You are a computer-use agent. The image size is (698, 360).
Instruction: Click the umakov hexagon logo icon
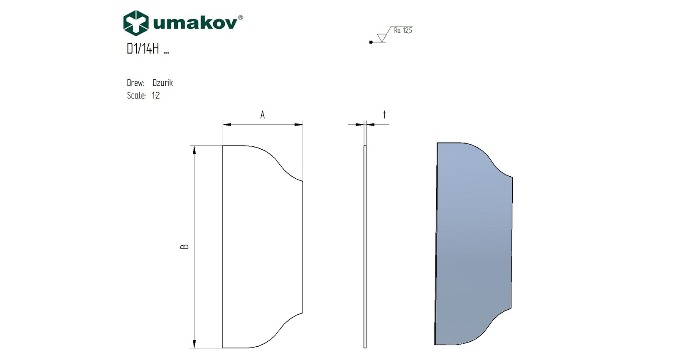click(x=136, y=23)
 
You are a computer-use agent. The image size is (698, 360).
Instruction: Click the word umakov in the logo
click(x=195, y=23)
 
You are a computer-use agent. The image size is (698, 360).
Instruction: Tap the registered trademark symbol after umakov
click(x=241, y=17)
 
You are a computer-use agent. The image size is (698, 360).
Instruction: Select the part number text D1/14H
click(x=143, y=49)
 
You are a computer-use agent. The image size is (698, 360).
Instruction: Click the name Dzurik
click(x=162, y=83)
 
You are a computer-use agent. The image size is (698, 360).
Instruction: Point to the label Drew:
click(x=135, y=83)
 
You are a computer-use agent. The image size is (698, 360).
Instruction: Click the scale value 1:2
click(x=156, y=96)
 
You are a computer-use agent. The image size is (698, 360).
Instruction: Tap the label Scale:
click(x=136, y=96)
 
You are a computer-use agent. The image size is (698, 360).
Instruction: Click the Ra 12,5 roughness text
click(x=403, y=30)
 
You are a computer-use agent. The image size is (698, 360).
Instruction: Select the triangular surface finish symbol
click(x=382, y=37)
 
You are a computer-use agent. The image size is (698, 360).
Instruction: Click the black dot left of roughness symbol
click(x=371, y=42)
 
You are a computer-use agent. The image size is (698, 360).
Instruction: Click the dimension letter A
click(x=263, y=115)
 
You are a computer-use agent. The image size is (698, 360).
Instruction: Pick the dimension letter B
click(x=185, y=247)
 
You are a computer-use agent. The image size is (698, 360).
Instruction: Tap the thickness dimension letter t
click(x=384, y=114)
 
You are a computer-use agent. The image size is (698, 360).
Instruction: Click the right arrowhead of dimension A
click(x=299, y=124)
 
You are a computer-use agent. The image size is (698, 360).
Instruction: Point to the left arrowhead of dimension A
click(x=227, y=124)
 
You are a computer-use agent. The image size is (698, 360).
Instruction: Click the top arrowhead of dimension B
click(x=194, y=150)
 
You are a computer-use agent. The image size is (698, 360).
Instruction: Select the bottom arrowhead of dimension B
click(x=194, y=344)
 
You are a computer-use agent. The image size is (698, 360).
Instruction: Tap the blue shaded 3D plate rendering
click(x=474, y=245)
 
